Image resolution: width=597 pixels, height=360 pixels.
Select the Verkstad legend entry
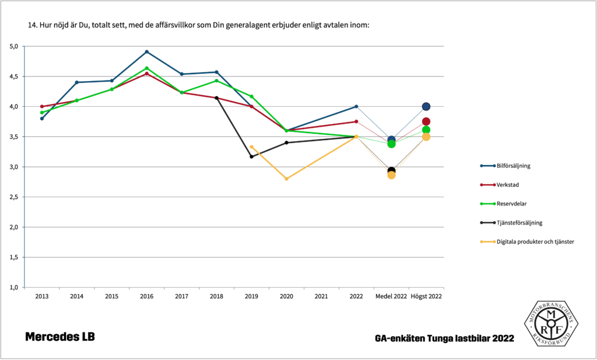tap(508, 185)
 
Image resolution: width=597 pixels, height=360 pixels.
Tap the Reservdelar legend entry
tap(511, 204)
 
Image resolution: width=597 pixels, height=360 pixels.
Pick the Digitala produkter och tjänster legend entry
tap(535, 242)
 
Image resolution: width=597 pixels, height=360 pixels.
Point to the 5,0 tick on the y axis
tap(14, 46)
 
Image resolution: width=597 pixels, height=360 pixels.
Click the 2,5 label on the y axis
tap(14, 197)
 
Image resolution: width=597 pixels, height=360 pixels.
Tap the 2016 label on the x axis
tap(146, 296)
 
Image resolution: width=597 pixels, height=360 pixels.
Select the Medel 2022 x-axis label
tap(391, 296)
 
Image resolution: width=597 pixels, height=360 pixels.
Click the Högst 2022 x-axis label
tap(426, 296)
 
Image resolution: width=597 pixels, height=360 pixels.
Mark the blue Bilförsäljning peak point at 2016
tap(147, 52)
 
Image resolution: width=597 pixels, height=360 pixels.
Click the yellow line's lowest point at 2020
tap(286, 179)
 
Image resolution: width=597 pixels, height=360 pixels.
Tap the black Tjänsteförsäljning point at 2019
tap(251, 156)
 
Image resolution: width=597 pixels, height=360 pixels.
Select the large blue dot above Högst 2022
tap(426, 107)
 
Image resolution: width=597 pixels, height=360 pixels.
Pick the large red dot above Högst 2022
tap(426, 121)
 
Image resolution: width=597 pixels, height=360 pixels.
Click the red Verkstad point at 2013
tap(42, 107)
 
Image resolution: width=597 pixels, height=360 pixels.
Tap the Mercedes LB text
tap(59, 337)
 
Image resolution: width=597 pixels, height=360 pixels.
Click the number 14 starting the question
tap(32, 26)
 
